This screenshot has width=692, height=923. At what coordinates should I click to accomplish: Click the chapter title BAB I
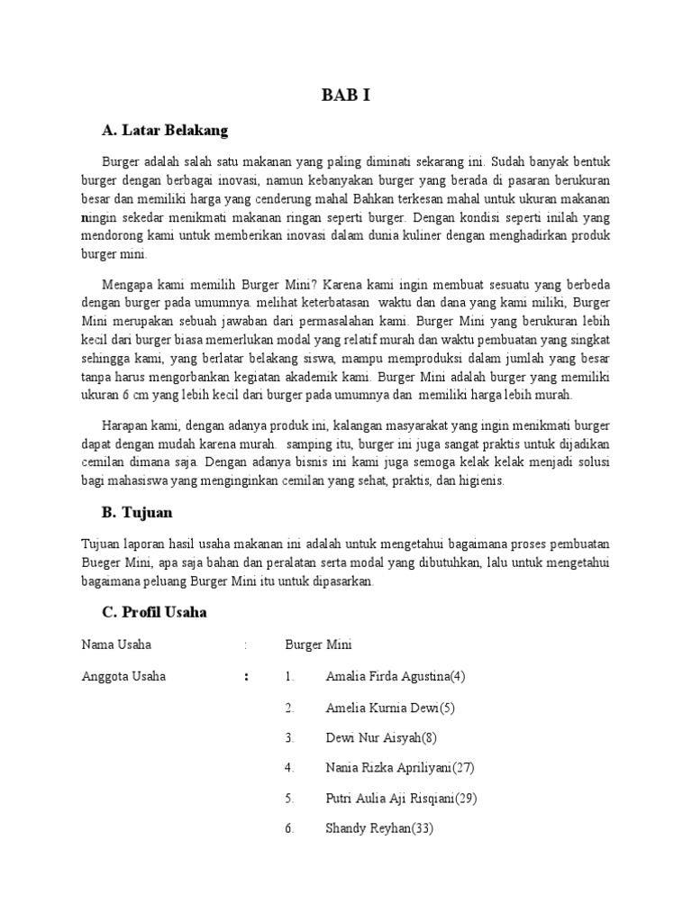point(346,96)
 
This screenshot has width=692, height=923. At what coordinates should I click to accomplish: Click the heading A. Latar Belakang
point(165,131)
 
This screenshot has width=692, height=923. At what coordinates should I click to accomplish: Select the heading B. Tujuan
point(137,513)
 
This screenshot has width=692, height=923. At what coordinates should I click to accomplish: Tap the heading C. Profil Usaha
point(154,612)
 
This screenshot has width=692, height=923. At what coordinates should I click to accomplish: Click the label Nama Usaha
point(116,645)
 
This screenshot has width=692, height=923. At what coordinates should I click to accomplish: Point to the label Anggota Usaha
point(123,676)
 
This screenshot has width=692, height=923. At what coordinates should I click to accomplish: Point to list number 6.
point(289,828)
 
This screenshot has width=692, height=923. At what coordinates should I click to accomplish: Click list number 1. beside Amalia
point(289,676)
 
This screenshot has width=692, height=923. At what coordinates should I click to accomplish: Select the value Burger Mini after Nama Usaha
point(318,645)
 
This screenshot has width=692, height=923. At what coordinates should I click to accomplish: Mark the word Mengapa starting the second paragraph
point(127,279)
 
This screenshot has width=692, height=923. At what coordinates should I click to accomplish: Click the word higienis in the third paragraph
point(484,481)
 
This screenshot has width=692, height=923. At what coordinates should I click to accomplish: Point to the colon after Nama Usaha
point(245,645)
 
